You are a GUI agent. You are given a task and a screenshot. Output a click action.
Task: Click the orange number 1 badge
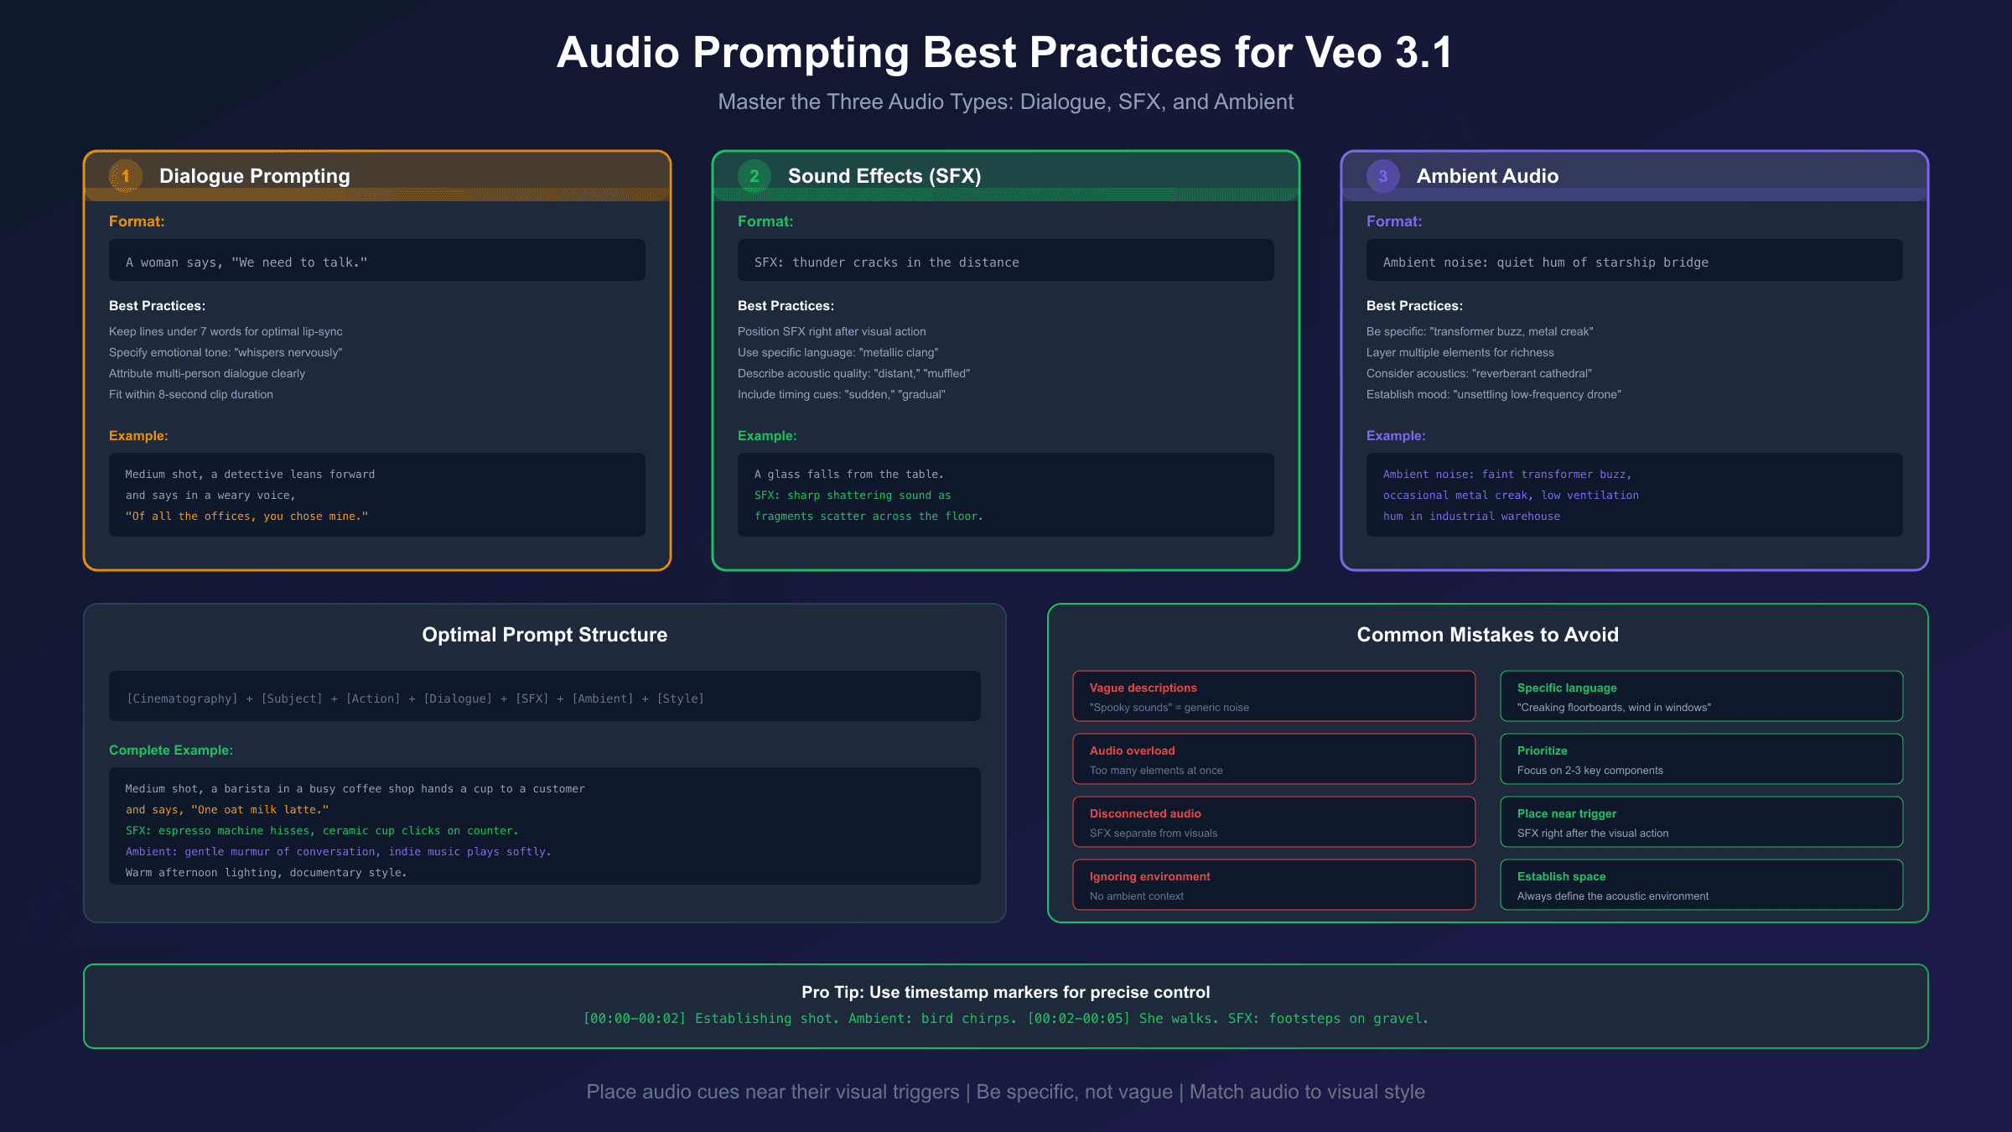pos(126,176)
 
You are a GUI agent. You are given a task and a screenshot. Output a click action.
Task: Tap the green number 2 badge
pos(754,176)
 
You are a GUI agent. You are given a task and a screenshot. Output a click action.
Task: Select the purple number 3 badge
pos(1383,176)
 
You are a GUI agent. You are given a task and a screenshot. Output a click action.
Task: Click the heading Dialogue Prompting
pos(255,176)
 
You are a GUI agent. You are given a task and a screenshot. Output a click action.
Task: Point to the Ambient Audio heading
pos(1487,176)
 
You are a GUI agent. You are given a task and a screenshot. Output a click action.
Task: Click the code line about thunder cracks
pos(886,262)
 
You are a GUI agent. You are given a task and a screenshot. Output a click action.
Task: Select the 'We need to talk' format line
pos(246,262)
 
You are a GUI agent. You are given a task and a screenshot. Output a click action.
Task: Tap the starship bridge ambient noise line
pos(1545,262)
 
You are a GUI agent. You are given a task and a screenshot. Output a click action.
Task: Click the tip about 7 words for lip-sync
pos(226,332)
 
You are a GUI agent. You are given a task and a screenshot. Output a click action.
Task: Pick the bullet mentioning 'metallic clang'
pos(837,353)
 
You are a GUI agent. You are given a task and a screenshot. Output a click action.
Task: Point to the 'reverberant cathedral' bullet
pos(1479,374)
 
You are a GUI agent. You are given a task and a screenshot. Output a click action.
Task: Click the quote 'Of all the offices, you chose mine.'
pos(246,517)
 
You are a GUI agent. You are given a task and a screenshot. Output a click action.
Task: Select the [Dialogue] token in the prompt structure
pos(458,698)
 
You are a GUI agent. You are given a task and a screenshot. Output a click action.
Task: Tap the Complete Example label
pos(171,750)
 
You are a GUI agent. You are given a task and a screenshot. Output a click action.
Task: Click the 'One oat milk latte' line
pos(227,810)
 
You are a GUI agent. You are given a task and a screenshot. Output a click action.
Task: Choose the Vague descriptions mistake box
pos(1273,696)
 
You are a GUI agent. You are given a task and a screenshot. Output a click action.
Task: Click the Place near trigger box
pos(1701,822)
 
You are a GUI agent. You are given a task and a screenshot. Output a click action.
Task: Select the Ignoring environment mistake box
pos(1273,885)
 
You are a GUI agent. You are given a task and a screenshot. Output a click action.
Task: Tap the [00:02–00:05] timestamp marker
pos(1079,1019)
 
